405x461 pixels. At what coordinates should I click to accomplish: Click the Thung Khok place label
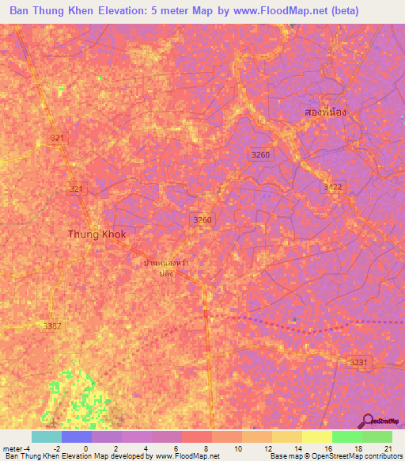[97, 234]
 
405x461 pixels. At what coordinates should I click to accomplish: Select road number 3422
[333, 186]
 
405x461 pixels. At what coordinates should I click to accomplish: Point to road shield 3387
[54, 326]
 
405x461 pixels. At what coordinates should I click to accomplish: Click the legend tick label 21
[388, 448]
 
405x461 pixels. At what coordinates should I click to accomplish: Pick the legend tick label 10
[237, 448]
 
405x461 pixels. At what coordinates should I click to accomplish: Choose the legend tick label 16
[327, 448]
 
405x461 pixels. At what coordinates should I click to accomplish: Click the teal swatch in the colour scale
[46, 436]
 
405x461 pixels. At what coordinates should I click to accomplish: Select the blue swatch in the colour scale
[76, 436]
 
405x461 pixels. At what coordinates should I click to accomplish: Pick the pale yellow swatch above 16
[316, 436]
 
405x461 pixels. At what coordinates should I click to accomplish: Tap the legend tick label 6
[176, 448]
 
